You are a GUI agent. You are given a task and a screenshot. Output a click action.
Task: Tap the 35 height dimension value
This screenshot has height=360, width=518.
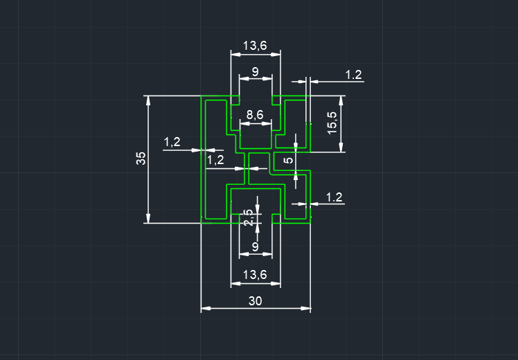141,159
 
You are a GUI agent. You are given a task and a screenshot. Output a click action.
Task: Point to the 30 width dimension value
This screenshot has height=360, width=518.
255,300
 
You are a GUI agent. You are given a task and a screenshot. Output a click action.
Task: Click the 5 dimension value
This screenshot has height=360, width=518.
289,161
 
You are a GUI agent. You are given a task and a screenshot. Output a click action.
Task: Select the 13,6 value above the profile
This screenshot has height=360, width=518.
255,46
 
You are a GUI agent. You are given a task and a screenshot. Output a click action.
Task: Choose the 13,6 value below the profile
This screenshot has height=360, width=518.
255,275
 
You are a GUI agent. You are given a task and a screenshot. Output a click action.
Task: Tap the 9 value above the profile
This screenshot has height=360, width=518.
255,71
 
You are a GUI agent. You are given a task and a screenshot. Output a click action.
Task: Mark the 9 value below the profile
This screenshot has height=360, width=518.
255,246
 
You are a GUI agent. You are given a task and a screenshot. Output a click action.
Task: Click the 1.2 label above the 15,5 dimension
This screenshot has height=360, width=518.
353,75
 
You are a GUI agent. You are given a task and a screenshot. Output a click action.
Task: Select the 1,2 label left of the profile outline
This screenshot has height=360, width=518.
172,143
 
